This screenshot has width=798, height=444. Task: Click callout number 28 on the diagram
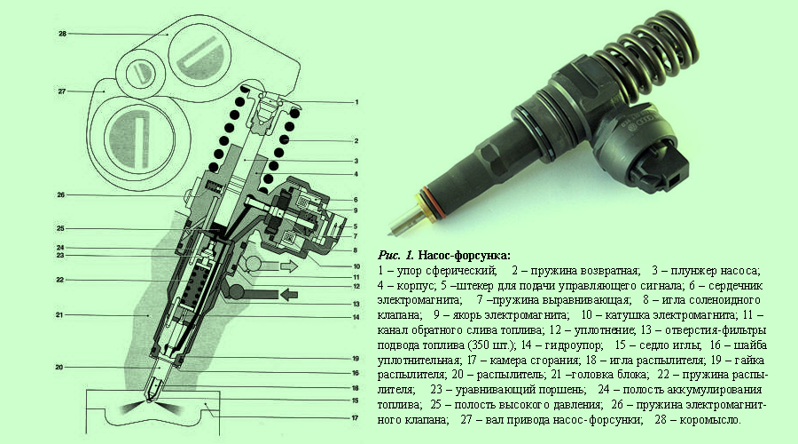(62, 33)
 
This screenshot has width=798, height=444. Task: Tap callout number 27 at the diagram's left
(62, 91)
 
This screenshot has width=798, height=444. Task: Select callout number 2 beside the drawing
(355, 140)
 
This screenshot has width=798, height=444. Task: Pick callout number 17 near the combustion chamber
(355, 417)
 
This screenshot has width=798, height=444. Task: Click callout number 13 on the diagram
(355, 303)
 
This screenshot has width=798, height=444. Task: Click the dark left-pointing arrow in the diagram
(286, 292)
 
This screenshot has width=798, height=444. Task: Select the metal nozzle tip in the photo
(414, 213)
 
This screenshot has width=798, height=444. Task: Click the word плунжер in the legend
(693, 270)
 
